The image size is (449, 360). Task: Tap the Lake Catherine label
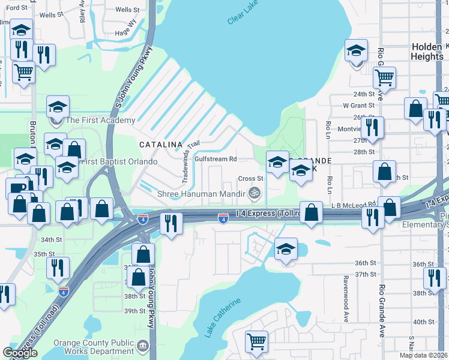point(223,317)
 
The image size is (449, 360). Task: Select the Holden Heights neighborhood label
point(427,52)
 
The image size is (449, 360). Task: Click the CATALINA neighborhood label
point(161,145)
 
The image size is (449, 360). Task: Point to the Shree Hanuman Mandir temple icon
point(255,193)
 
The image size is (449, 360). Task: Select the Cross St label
point(251,178)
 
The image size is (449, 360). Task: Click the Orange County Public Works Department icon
point(142,346)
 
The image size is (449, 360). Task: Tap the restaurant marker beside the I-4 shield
point(172,223)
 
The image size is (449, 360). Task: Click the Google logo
point(20,353)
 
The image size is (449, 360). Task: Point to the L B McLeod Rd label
point(354,205)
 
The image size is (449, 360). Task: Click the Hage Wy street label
point(126,33)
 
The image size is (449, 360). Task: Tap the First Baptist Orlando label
point(119,162)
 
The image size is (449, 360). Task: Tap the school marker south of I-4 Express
point(286,248)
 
